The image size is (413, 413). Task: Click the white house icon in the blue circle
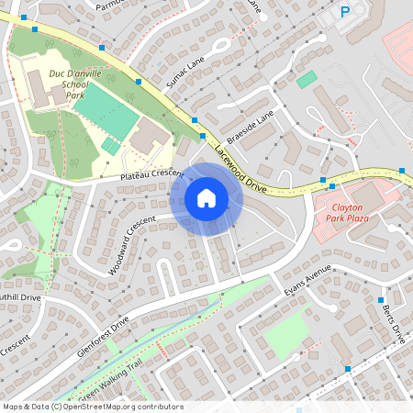pos(206,197)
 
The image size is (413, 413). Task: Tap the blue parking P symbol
pos(345,12)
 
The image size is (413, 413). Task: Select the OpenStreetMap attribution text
pos(93,407)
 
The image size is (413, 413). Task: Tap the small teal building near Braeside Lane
pos(306,80)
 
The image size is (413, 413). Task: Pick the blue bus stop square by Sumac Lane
pos(139,82)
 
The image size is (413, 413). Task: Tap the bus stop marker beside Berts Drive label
pos(380,300)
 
